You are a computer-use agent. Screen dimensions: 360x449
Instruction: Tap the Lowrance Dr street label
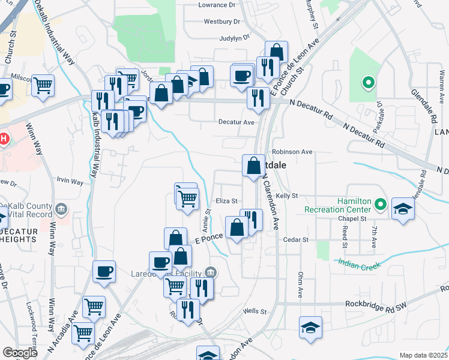click(219, 5)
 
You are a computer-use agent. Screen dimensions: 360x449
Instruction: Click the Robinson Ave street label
click(292, 152)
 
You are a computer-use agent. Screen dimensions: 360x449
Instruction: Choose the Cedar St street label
click(296, 239)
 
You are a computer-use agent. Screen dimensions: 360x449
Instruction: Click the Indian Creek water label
click(360, 262)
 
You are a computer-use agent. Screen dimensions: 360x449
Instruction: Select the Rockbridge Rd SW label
click(376, 304)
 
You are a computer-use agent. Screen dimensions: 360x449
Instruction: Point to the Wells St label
click(255, 311)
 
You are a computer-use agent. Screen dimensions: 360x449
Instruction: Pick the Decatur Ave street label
click(236, 122)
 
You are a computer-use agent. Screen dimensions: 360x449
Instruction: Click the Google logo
click(20, 353)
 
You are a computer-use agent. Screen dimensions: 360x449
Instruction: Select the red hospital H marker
click(3, 139)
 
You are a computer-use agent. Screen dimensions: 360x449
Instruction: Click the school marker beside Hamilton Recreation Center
click(403, 208)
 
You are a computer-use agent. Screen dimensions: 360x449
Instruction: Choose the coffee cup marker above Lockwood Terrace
click(104, 271)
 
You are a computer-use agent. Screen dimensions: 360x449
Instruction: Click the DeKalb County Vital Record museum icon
click(61, 209)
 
